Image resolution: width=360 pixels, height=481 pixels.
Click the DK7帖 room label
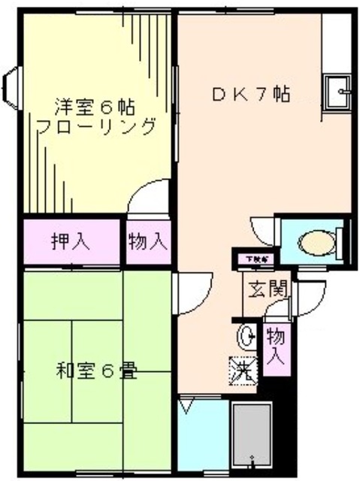tap(252, 95)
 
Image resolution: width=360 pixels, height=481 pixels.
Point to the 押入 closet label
tap(71, 242)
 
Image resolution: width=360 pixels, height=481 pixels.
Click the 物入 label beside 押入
tap(147, 242)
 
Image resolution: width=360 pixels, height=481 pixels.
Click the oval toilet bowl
tap(316, 244)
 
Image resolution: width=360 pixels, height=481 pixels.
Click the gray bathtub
tap(253, 440)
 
